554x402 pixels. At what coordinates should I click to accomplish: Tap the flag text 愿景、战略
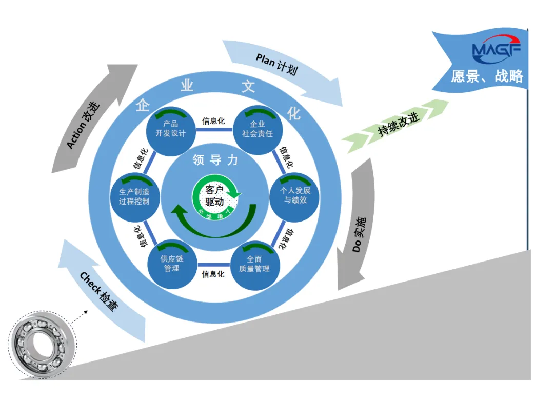click(487, 76)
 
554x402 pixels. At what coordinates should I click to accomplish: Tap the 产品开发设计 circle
click(170, 129)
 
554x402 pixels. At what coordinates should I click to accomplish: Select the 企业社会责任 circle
click(258, 129)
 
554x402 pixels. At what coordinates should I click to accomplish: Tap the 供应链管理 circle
click(171, 264)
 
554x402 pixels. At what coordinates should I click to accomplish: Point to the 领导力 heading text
click(215, 160)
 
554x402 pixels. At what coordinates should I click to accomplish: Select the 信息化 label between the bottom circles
click(213, 274)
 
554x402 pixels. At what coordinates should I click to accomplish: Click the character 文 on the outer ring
click(248, 86)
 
